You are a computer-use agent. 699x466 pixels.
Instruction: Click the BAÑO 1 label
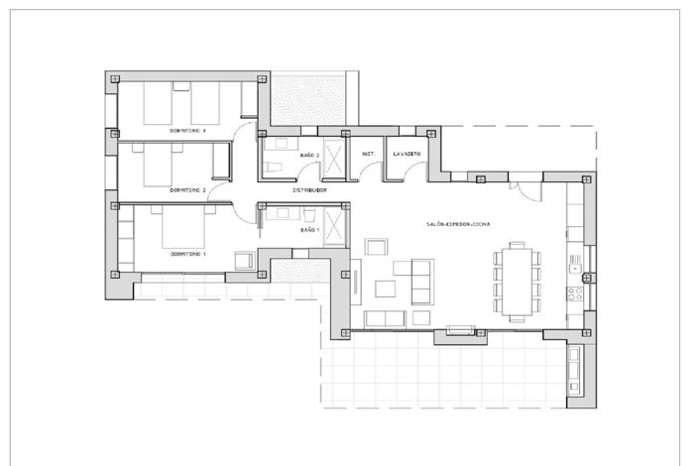[x=309, y=230]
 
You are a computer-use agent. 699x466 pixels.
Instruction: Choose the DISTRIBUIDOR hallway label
[x=309, y=188]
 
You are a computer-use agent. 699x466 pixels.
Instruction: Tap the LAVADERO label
[x=407, y=154]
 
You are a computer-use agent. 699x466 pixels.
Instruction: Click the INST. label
[x=368, y=154]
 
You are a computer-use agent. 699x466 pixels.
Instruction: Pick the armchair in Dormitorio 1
[x=243, y=260]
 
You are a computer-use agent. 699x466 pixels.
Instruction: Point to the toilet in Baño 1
[x=309, y=214]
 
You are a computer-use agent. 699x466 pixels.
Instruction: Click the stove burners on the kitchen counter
[x=574, y=291]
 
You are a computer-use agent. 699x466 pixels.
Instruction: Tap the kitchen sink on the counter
[x=574, y=264]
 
